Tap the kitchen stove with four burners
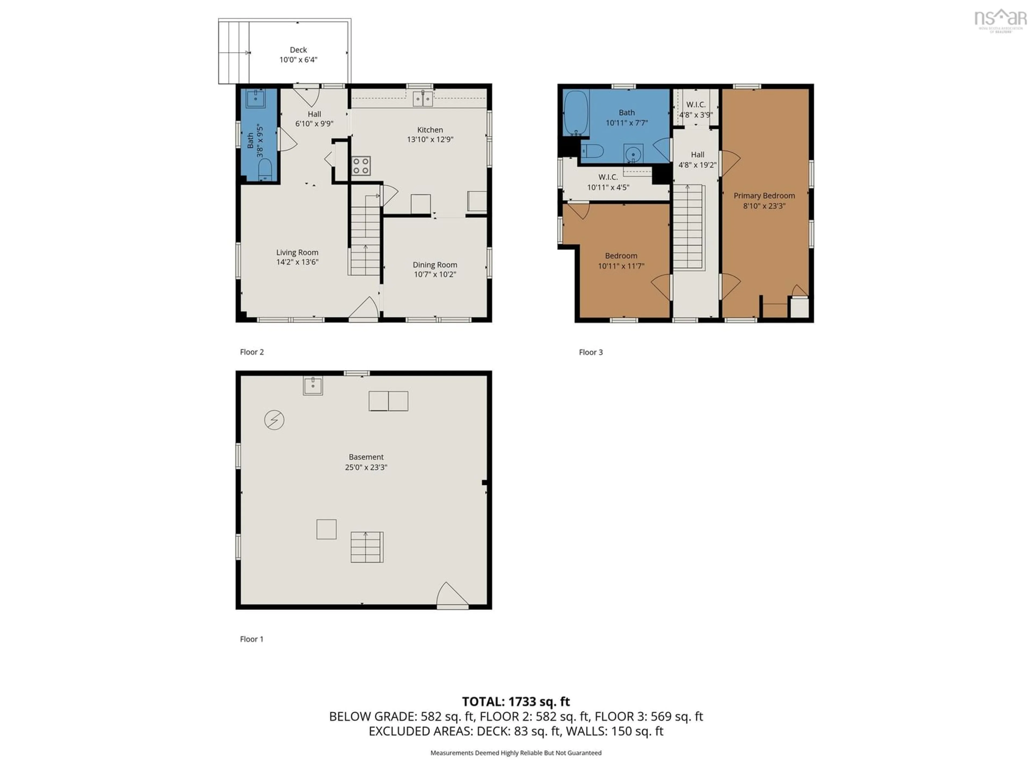(x=361, y=166)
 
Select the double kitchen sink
(x=423, y=98)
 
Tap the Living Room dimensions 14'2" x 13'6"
(x=297, y=262)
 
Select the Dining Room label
(x=435, y=265)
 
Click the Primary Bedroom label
(x=764, y=196)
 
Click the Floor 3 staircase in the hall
(x=688, y=227)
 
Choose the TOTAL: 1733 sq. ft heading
(x=516, y=702)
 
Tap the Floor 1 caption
(x=252, y=639)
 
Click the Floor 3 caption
(x=591, y=352)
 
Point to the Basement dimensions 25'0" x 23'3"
(x=366, y=467)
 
